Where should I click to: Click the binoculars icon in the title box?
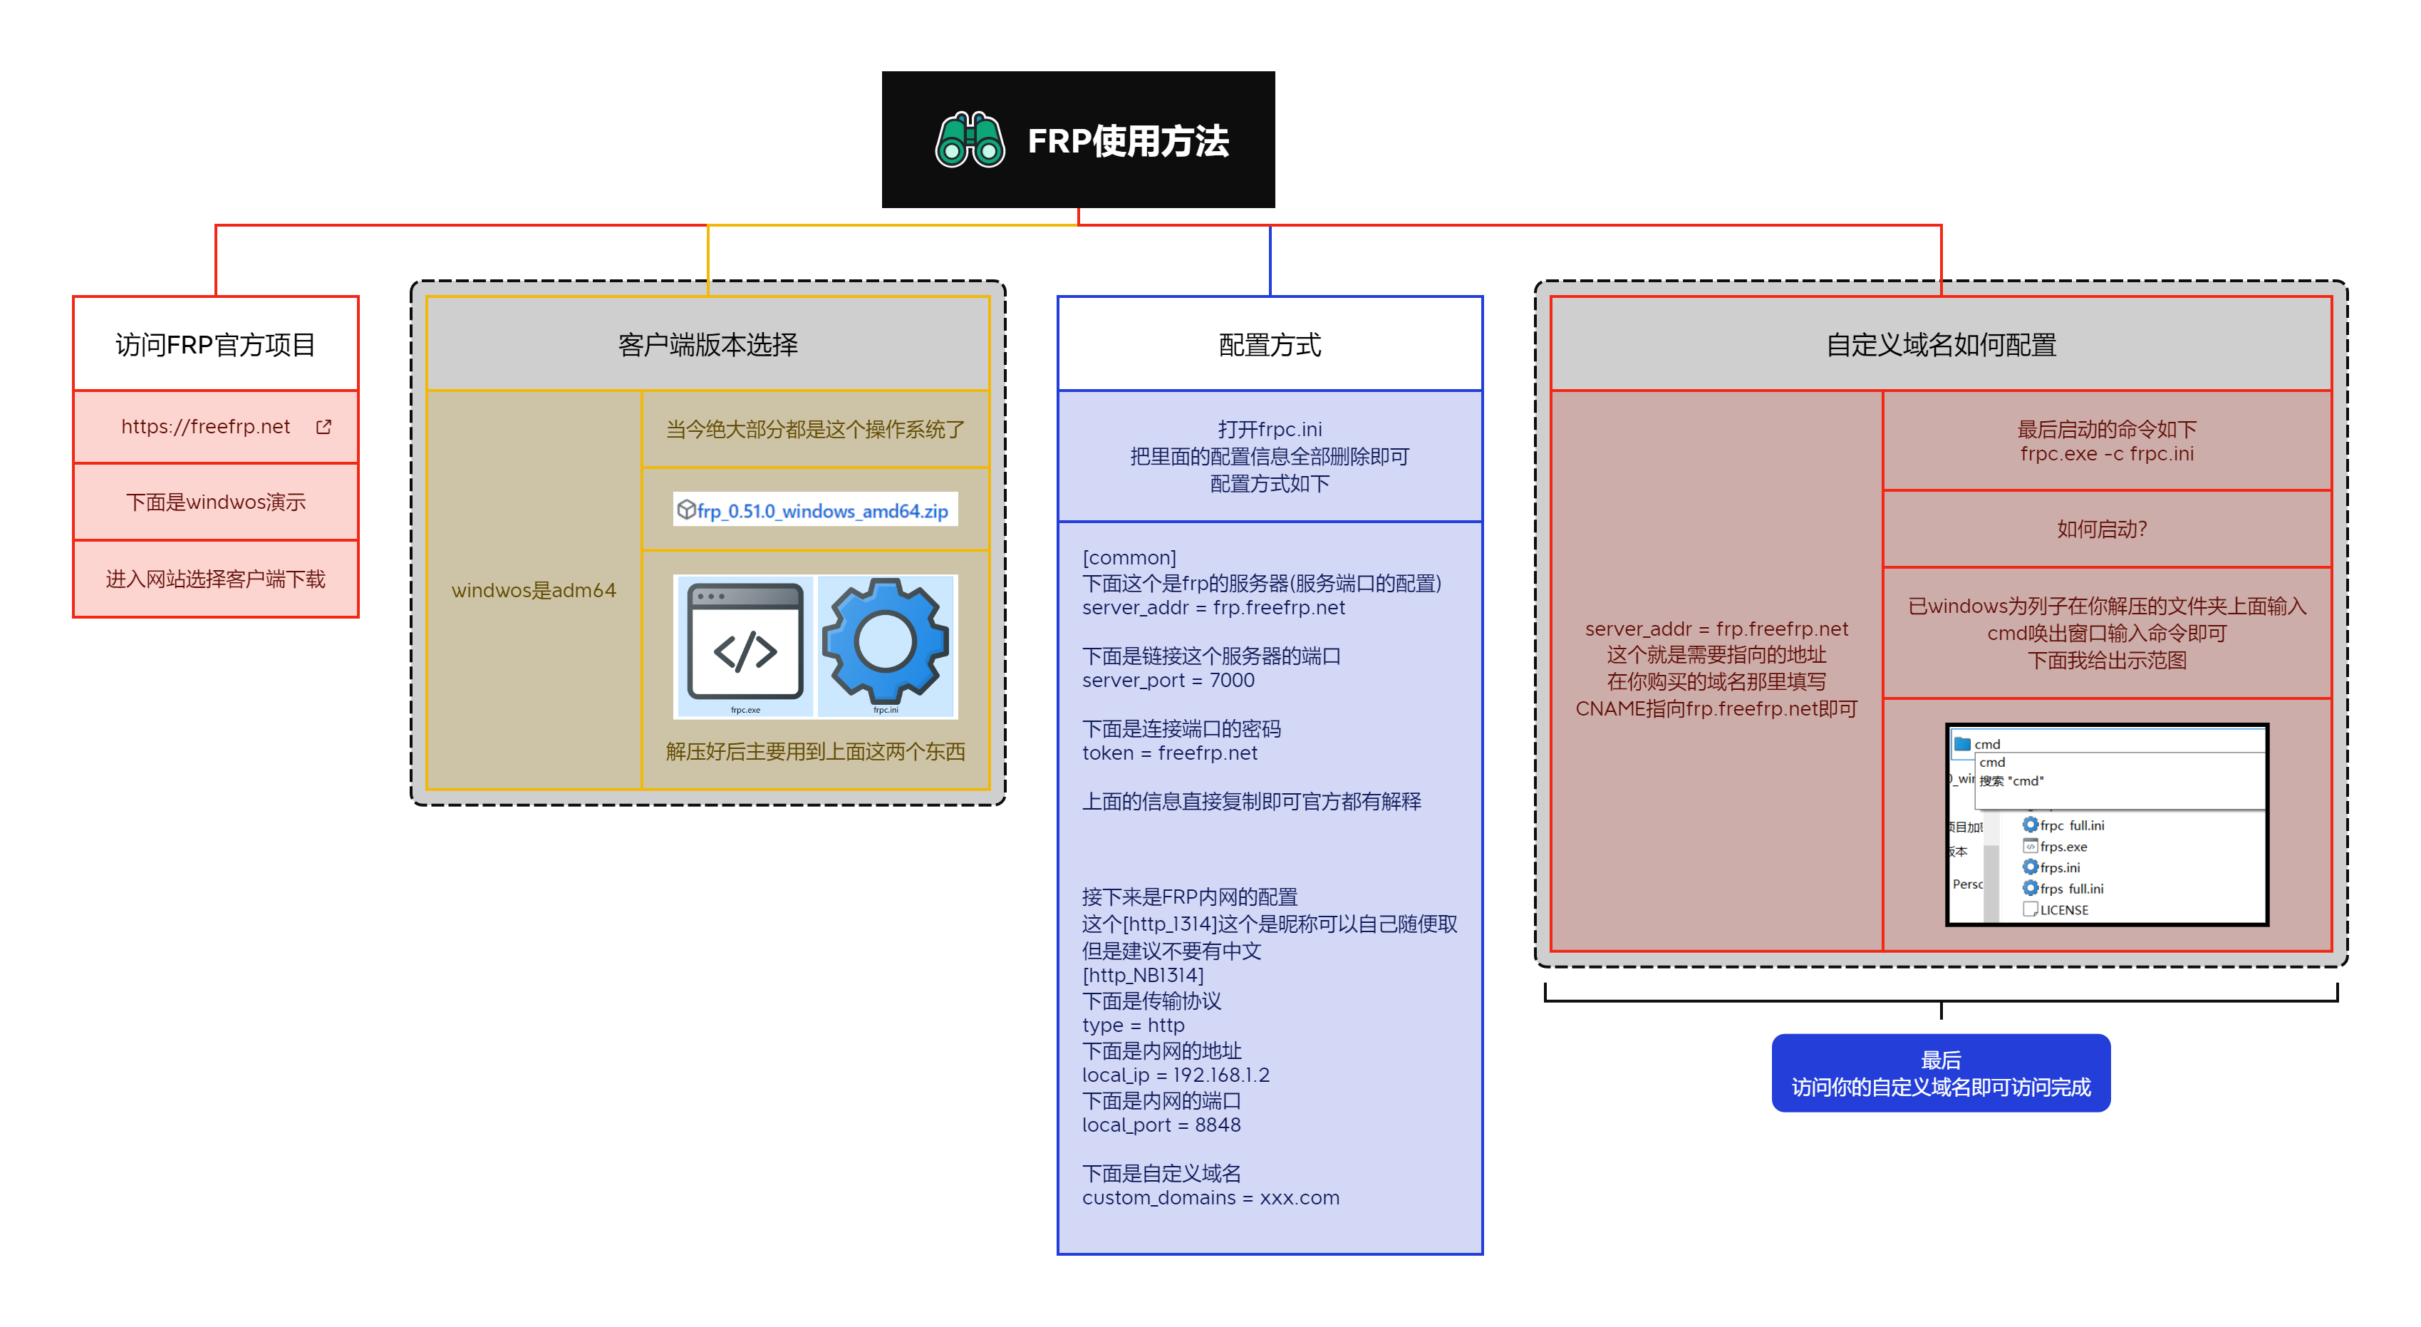tap(969, 141)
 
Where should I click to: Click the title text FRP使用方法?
tap(1127, 141)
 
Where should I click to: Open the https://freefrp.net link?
tap(205, 427)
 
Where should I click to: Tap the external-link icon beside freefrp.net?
tap(323, 427)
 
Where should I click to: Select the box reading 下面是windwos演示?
tap(215, 502)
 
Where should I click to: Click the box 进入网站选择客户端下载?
tap(215, 579)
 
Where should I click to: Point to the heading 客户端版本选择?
tap(707, 345)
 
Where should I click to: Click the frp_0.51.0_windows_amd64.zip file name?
tap(821, 510)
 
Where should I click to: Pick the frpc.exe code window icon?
tap(745, 646)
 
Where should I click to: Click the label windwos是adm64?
tap(533, 590)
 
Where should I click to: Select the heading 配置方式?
tap(1269, 345)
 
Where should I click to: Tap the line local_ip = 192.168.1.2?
tap(1175, 1075)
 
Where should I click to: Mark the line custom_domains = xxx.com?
tap(1210, 1197)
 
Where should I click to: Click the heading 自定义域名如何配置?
tap(1940, 345)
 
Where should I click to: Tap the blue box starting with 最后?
tap(1940, 1073)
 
